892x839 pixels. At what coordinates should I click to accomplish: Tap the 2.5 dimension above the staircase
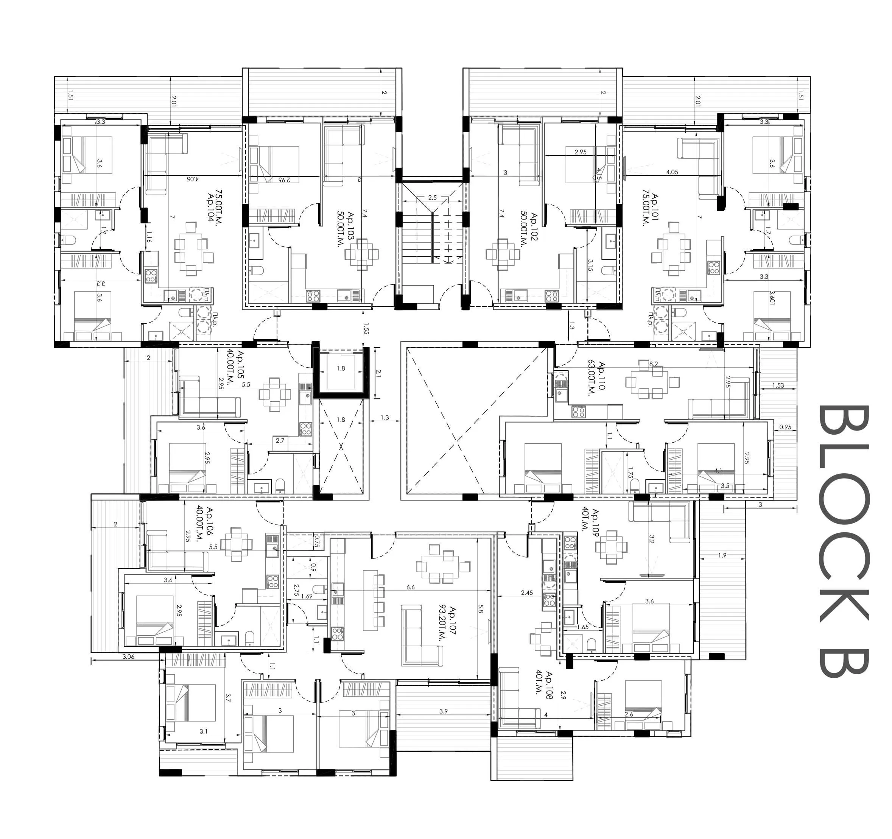point(432,198)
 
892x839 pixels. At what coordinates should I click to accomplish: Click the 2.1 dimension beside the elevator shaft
point(378,373)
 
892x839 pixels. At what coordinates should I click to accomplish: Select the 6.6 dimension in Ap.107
point(410,587)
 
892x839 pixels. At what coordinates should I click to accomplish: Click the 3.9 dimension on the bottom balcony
point(443,711)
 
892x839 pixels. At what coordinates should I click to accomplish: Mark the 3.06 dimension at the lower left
point(128,656)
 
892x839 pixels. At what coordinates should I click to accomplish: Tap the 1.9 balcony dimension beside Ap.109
point(721,555)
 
